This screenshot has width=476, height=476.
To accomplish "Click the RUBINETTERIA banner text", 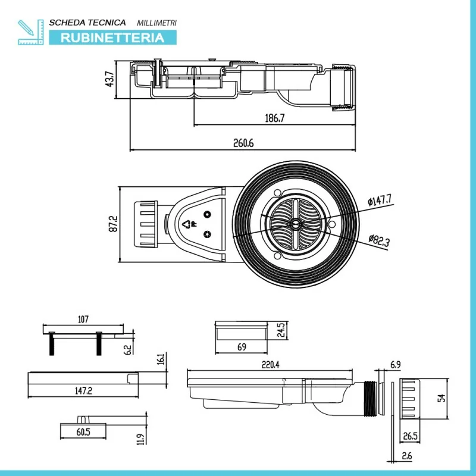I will (x=113, y=37).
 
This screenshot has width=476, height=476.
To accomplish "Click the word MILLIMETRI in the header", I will (x=156, y=23).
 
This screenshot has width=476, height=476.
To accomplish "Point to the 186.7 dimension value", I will (x=274, y=118).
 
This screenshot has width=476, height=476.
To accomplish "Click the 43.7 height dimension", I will (x=109, y=79).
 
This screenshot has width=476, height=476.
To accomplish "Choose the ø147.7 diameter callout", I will (x=380, y=201).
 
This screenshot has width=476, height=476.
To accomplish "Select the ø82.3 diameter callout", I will (x=378, y=240).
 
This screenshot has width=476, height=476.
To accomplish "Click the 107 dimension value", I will (x=83, y=320).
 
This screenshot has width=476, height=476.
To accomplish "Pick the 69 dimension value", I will (x=242, y=346).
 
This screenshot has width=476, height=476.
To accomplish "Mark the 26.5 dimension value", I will (x=410, y=436).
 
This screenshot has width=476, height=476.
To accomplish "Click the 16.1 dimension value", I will (x=161, y=360).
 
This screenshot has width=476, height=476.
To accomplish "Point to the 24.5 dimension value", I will (x=283, y=329).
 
